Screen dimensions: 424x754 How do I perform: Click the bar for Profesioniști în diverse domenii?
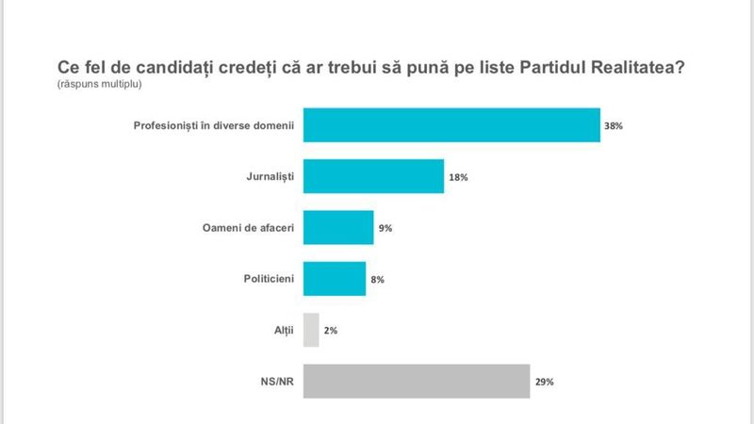pos(452,125)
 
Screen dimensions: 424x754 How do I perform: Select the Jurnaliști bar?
pos(374,176)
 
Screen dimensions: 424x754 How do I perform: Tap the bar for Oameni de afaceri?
pos(338,227)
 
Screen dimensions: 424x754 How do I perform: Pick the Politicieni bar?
pos(335,279)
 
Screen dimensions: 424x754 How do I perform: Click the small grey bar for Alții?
pos(311,330)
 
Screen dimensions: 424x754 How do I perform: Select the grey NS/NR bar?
pos(417,381)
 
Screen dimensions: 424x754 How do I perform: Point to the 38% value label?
pos(614,126)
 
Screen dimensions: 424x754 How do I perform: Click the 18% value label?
pos(458,177)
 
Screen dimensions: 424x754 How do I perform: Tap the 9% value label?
pos(385,228)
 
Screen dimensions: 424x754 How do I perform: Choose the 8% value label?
pos(377,280)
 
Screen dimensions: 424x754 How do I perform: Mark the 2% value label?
pos(331,331)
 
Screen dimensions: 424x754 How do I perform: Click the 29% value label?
pos(544,382)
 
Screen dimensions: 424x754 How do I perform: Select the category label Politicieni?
pos(268,279)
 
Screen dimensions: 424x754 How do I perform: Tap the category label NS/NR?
pos(276,381)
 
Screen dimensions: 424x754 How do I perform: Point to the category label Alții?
pos(282,330)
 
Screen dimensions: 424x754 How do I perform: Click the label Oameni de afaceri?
pos(249,227)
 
